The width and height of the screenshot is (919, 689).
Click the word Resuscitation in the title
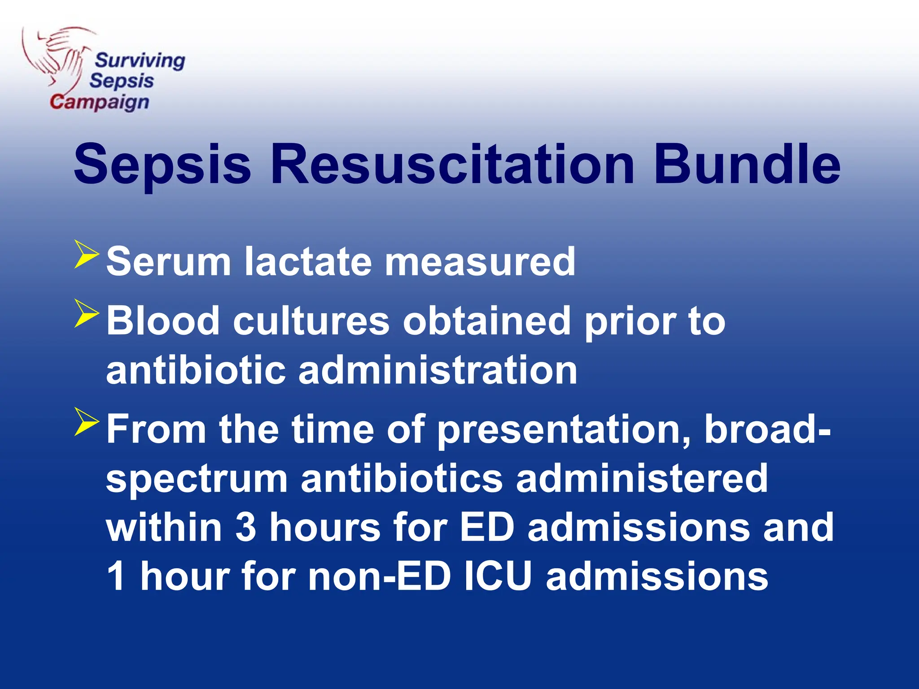pyautogui.click(x=452, y=164)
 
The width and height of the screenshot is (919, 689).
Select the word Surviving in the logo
pyautogui.click(x=140, y=61)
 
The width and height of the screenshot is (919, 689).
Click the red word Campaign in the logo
pyautogui.click(x=99, y=102)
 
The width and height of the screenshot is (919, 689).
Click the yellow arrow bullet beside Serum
pyautogui.click(x=86, y=254)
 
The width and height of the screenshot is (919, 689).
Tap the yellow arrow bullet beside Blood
pyautogui.click(x=86, y=313)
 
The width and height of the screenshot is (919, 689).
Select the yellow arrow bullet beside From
pyautogui.click(x=86, y=421)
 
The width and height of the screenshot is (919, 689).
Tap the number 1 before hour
pyautogui.click(x=116, y=576)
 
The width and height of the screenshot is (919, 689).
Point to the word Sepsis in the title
pyautogui.click(x=162, y=164)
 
